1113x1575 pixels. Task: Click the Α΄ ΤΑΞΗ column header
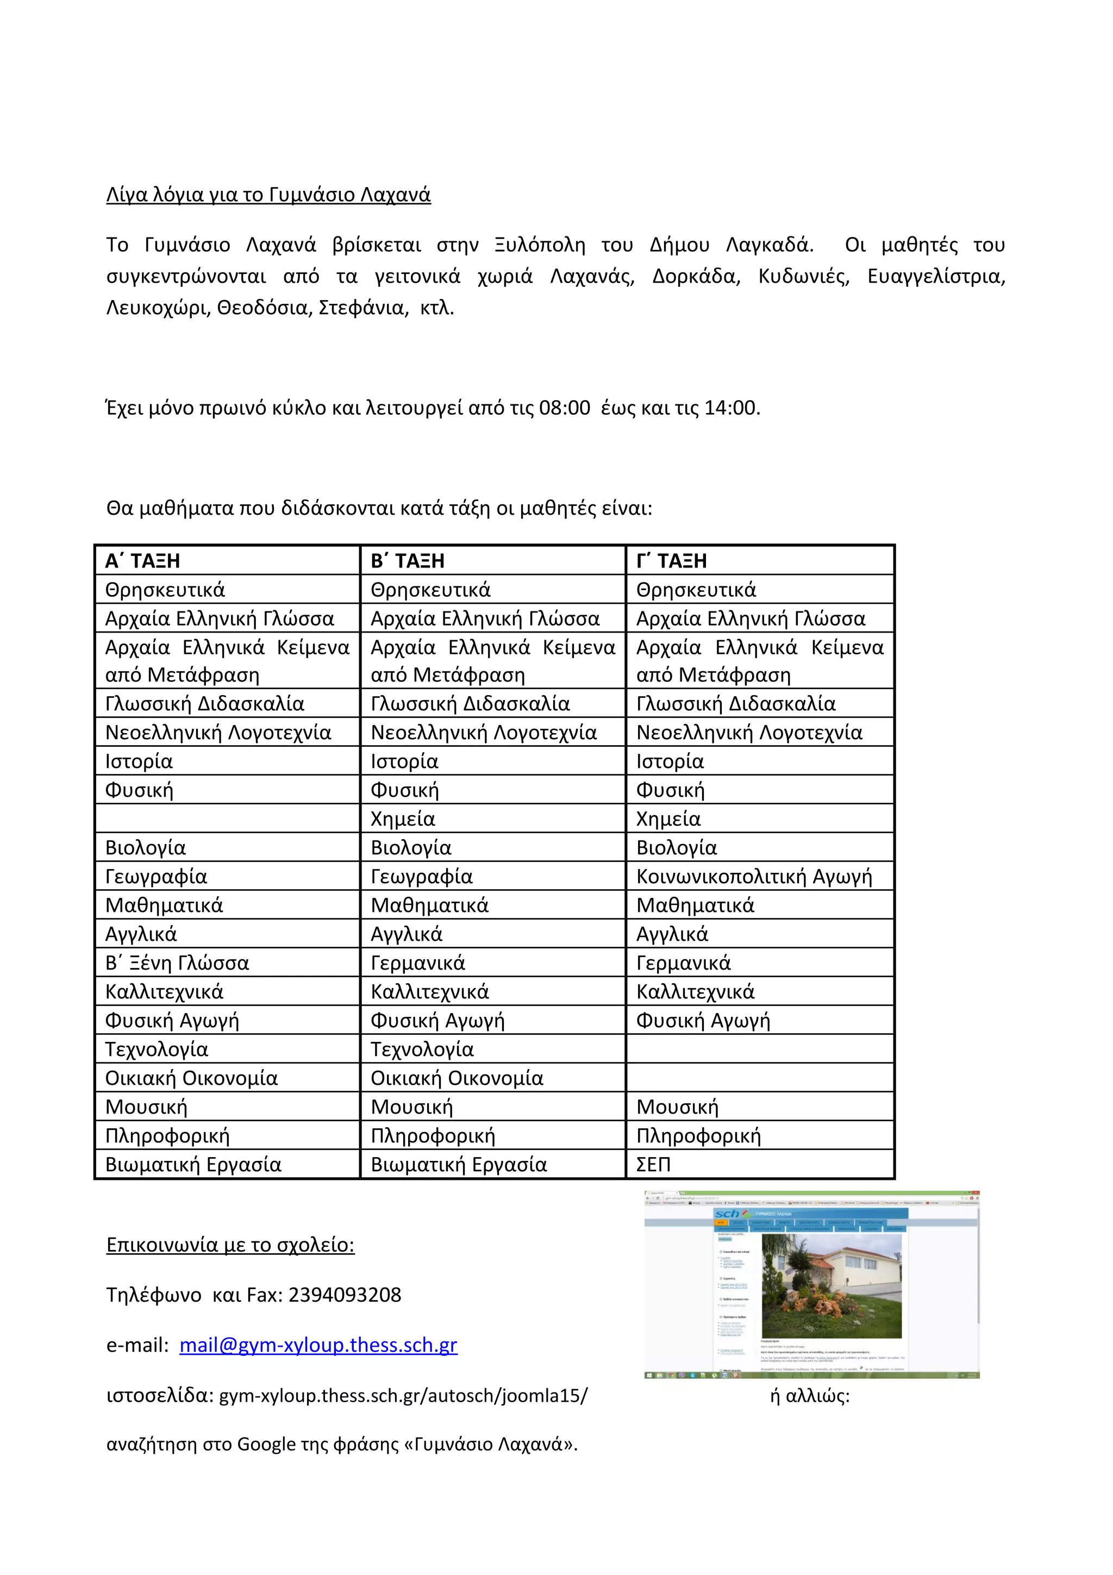click(x=142, y=561)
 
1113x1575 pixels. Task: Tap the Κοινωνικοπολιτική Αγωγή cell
click(x=754, y=877)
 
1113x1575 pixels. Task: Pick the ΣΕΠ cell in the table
click(x=654, y=1165)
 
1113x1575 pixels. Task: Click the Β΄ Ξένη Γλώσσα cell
click(x=177, y=963)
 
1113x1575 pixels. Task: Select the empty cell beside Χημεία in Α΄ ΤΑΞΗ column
click(x=227, y=818)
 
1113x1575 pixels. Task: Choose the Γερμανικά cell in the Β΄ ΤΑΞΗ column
click(x=417, y=963)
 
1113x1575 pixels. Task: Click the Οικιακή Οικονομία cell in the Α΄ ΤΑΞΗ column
click(x=191, y=1078)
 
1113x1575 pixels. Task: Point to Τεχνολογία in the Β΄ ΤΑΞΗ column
click(x=422, y=1049)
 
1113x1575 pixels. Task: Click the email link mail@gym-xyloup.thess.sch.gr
click(x=318, y=1345)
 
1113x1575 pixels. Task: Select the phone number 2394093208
click(x=344, y=1295)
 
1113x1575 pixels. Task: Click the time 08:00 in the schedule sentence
click(x=565, y=408)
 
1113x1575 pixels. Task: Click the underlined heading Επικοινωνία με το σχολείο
click(x=230, y=1245)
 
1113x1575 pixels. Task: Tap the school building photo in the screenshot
click(x=831, y=1286)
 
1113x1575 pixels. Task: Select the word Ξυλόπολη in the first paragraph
click(x=540, y=245)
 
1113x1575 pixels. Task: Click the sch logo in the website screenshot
click(x=727, y=1214)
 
